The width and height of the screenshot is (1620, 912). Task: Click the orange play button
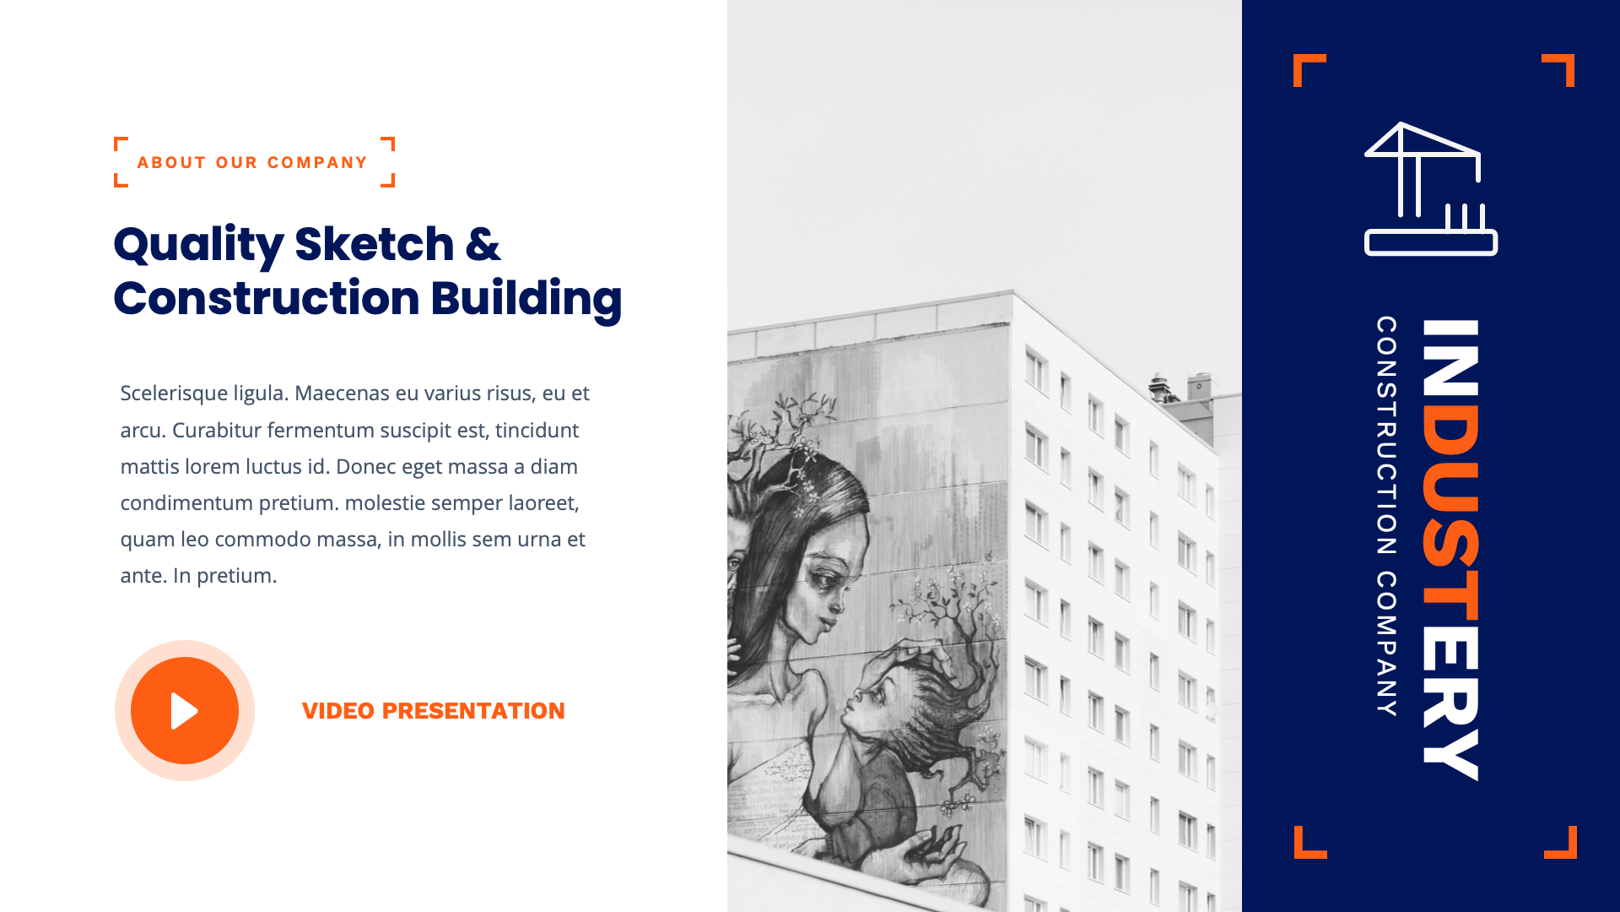185,710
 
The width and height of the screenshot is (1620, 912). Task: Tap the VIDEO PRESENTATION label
433,711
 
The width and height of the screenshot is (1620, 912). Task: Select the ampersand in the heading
483,244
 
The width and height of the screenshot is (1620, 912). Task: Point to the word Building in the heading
526,299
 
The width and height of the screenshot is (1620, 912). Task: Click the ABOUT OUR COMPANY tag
252,162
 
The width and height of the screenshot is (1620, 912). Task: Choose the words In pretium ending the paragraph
224,576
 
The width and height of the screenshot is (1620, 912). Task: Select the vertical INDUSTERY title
1450,549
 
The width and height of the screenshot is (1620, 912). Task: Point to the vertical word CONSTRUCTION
1386,435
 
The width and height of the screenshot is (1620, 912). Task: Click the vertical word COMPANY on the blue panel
1386,643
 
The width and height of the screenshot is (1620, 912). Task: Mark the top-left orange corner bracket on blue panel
1308,68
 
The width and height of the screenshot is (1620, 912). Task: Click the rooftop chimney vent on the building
1161,387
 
